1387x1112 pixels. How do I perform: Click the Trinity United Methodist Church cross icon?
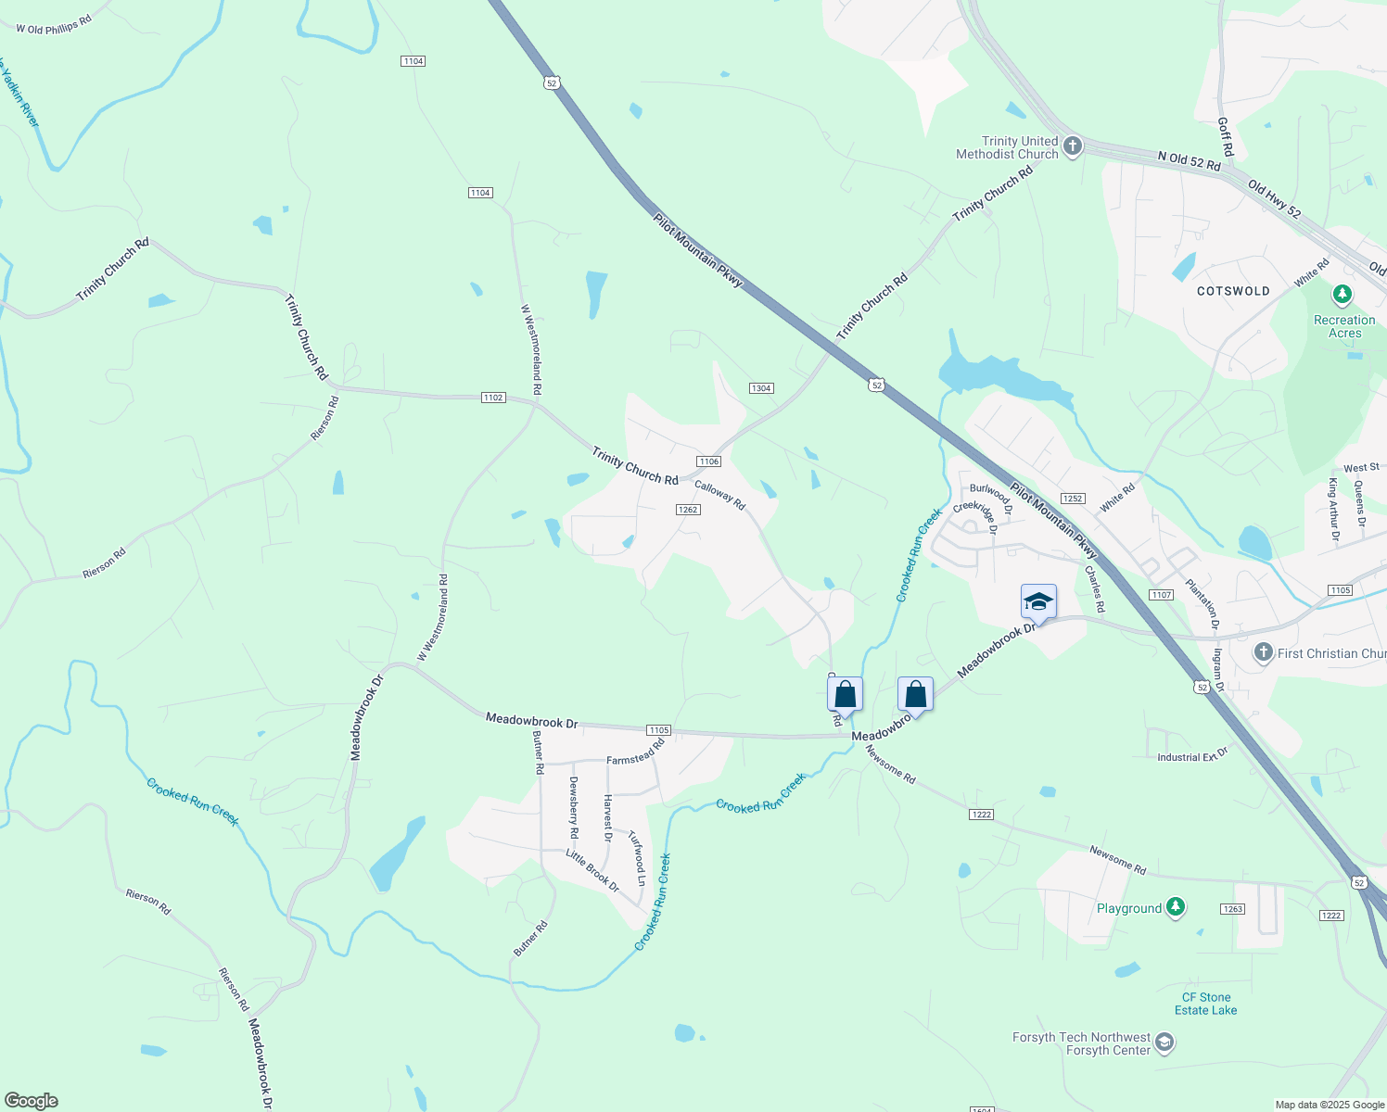click(x=1073, y=146)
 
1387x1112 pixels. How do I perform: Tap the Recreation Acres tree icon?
click(x=1342, y=296)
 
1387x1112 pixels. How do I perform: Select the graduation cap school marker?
click(x=1038, y=602)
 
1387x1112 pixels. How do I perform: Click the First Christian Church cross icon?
click(x=1263, y=652)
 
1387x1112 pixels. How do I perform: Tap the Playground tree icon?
click(x=1176, y=907)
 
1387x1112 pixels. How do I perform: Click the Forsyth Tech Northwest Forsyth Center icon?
click(x=1164, y=1043)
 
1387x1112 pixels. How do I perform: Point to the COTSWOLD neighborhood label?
click(x=1233, y=291)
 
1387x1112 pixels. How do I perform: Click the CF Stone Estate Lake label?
click(x=1205, y=1004)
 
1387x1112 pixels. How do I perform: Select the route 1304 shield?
click(x=761, y=388)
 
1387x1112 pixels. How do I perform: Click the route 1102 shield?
click(x=493, y=398)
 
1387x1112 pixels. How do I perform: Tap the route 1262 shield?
click(x=688, y=510)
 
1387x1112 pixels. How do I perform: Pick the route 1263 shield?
click(x=1232, y=909)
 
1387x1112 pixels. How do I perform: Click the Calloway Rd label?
click(x=719, y=495)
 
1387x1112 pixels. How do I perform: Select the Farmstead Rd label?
click(x=636, y=752)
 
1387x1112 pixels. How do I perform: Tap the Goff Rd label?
click(x=1226, y=136)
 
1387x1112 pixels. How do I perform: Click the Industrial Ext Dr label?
click(x=1192, y=756)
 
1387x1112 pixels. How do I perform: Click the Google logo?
click(x=32, y=1101)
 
